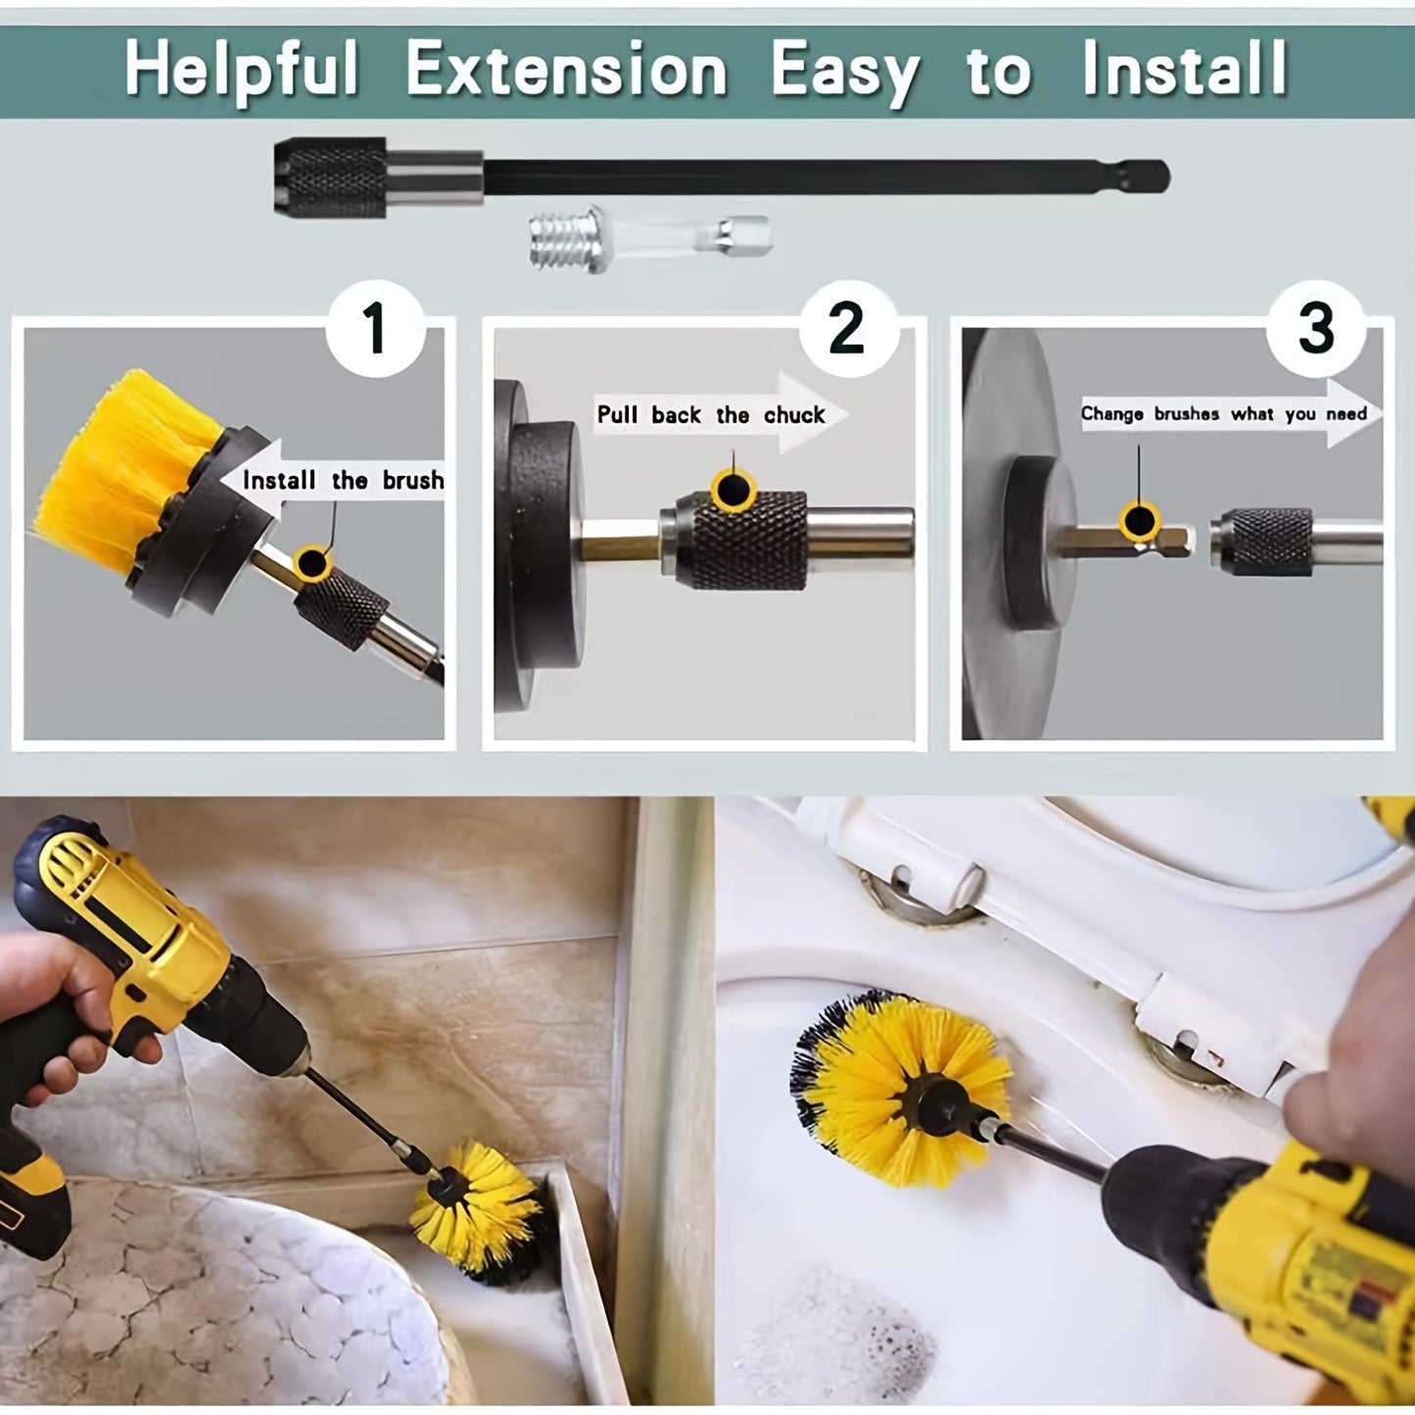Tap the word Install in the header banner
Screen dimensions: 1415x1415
click(1185, 69)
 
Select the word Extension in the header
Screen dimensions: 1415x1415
click(566, 69)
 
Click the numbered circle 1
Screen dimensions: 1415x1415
click(375, 328)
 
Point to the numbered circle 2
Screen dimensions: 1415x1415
click(849, 330)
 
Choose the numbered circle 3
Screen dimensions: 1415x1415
click(1316, 330)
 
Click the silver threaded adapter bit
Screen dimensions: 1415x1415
click(650, 239)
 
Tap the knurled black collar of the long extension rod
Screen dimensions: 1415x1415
click(330, 177)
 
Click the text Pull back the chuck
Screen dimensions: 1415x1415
click(711, 415)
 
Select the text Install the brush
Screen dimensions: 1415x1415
click(343, 480)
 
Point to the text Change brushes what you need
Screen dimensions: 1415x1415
click(1223, 414)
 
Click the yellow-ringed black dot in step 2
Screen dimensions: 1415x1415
click(732, 489)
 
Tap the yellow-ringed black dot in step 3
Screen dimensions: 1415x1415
click(1140, 521)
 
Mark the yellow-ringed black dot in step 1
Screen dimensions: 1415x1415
click(312, 563)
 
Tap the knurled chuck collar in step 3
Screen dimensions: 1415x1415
click(1270, 542)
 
